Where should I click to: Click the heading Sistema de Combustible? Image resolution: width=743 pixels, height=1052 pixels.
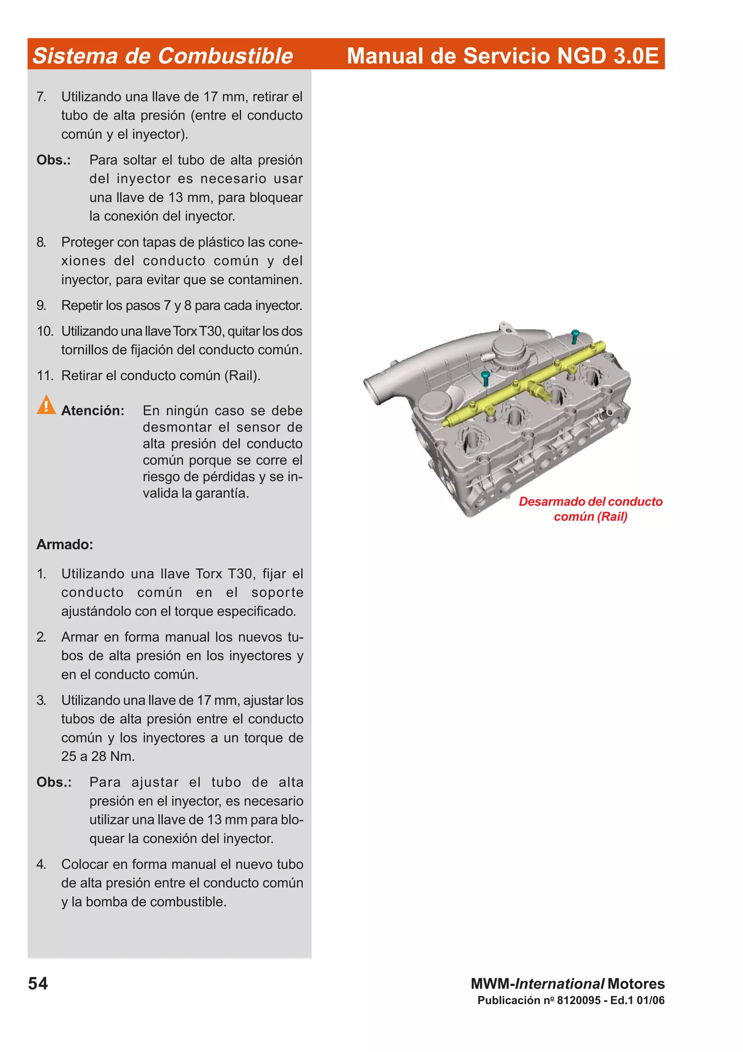(x=163, y=56)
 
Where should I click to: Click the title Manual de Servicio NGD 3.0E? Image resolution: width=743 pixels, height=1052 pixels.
(x=502, y=56)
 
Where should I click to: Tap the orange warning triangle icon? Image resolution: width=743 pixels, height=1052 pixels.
(x=46, y=405)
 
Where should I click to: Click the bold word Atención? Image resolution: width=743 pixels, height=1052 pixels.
(x=93, y=411)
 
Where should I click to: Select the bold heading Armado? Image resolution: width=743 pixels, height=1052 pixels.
(x=65, y=544)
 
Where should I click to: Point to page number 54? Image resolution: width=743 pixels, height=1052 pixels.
(x=38, y=983)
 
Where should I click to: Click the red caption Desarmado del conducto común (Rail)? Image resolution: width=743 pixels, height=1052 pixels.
(x=590, y=509)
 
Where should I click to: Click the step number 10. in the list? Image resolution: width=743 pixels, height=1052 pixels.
(x=45, y=331)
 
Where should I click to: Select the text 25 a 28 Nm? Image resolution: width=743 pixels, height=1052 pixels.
(x=98, y=756)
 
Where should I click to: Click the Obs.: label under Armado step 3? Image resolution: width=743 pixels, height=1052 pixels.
(x=54, y=782)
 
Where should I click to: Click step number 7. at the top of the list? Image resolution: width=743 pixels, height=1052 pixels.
(x=41, y=97)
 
